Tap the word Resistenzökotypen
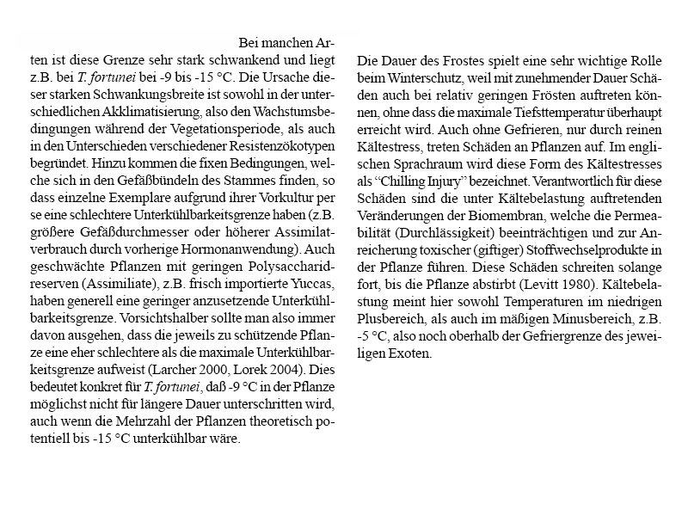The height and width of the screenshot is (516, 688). pos(277,146)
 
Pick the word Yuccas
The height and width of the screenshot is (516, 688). pos(313,284)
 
